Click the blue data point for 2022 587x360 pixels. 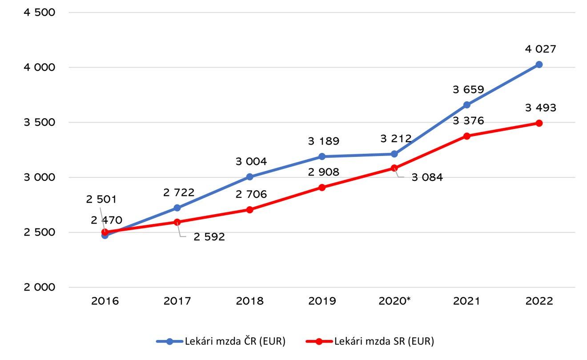[539, 64]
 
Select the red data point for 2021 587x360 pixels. [466, 136]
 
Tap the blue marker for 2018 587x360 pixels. [249, 177]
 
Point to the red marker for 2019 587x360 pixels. [322, 188]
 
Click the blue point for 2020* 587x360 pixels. [394, 154]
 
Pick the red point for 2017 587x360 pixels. [177, 222]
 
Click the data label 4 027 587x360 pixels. [540, 49]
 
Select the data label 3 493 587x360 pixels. [540, 108]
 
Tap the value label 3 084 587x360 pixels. [427, 178]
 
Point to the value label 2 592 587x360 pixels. [209, 237]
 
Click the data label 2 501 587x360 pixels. [101, 200]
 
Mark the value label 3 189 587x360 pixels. [323, 141]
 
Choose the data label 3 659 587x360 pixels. [468, 90]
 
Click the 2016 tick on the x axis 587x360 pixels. [105, 301]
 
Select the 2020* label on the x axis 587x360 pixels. [395, 301]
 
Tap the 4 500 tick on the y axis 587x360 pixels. [40, 12]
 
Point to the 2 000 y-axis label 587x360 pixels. [40, 287]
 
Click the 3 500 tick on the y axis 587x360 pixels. [40, 122]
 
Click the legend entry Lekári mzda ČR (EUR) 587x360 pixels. [221, 341]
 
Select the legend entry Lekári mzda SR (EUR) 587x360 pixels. [370, 341]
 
